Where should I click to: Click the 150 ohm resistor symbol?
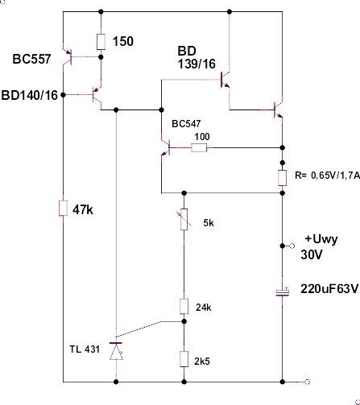pos(101,42)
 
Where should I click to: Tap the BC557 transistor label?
pos(31,59)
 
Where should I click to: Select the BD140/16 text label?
pos(30,95)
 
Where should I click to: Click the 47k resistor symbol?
pos(63,208)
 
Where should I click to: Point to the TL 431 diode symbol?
pos(116,351)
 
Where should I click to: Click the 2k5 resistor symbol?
pos(184,359)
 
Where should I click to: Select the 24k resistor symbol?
pos(184,306)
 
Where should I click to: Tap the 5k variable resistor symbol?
pos(184,219)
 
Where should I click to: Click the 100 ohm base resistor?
pos(199,147)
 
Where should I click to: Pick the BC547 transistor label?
pos(186,124)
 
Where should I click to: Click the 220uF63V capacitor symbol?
pos(283,292)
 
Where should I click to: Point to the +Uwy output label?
pos(321,239)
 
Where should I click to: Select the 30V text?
pos(311,254)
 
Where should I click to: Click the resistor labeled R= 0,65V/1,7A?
pos(283,178)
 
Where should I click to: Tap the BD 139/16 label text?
pos(197,57)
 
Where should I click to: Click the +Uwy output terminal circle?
pos(292,246)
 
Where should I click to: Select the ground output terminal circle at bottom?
pos(308,382)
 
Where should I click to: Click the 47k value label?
pos(83,210)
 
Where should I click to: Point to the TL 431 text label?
pos(85,349)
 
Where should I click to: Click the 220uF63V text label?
pos(329,289)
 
